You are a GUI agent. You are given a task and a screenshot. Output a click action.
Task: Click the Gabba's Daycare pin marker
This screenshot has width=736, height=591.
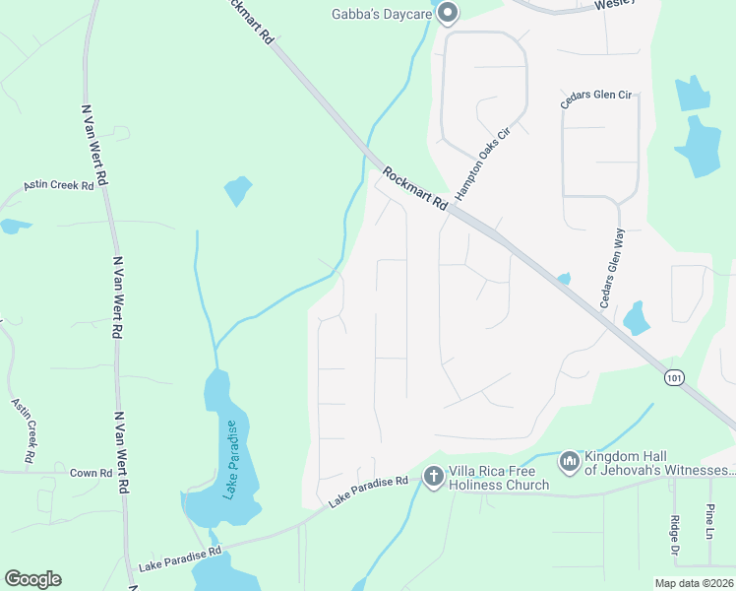tap(448, 13)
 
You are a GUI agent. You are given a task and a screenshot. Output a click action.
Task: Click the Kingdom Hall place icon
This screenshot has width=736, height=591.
tap(569, 461)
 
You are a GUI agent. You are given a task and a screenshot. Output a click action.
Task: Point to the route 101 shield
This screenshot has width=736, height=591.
tap(673, 377)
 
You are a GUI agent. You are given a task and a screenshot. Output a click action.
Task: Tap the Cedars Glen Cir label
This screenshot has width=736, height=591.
tap(595, 95)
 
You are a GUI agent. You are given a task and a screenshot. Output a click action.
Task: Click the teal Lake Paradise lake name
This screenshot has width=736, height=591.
tap(232, 459)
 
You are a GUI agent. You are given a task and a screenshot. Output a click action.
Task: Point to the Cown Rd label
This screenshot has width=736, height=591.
tap(91, 473)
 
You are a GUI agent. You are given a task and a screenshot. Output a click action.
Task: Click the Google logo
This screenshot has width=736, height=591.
tap(32, 579)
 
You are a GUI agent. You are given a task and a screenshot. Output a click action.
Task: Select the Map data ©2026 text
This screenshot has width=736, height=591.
tap(695, 583)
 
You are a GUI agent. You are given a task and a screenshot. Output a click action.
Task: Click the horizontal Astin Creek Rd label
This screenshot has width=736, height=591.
tap(60, 185)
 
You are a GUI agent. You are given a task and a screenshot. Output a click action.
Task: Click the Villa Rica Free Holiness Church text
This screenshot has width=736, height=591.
tap(499, 477)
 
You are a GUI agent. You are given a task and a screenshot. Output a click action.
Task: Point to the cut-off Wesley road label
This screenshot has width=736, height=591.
tap(616, 5)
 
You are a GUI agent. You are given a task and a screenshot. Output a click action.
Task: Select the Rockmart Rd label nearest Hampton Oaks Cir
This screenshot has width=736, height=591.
tap(415, 190)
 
